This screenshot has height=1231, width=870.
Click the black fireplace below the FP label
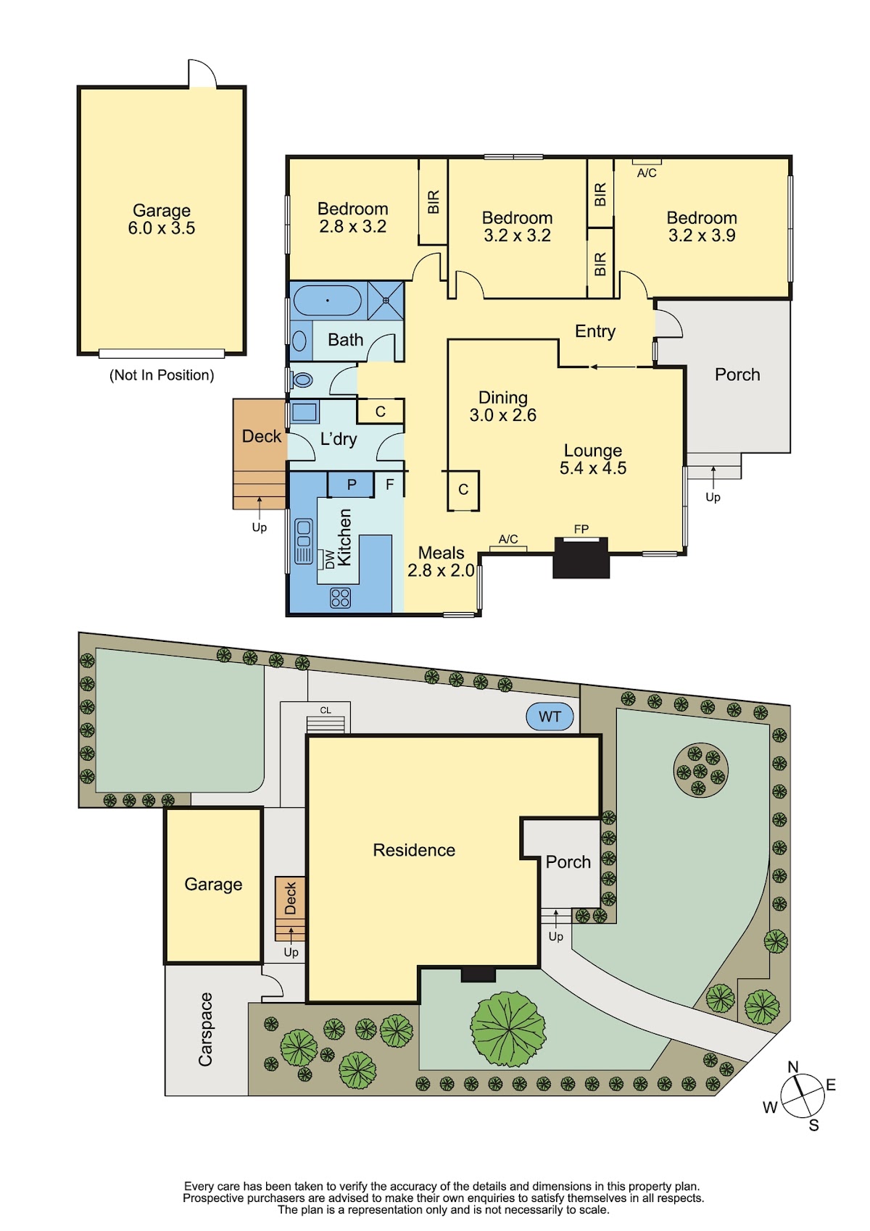pos(580,557)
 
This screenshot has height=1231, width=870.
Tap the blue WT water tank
pos(550,717)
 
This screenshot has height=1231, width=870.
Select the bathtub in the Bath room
pos(327,301)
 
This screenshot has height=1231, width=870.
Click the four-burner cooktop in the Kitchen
pos(340,598)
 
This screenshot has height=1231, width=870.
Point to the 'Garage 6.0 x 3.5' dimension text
pos(161,219)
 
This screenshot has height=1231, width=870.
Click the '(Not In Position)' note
pos(162,375)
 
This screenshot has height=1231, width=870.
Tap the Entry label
pos(595,331)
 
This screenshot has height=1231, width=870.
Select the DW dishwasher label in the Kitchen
pos(330,559)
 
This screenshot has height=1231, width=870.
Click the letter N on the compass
pos(792,1067)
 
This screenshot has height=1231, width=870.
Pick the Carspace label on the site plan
pos(205,1030)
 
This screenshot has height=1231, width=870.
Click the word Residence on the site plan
pos(413,850)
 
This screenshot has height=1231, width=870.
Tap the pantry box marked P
pos(351,484)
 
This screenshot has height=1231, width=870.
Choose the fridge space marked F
pos(389,484)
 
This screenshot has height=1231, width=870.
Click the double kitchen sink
pos(304,541)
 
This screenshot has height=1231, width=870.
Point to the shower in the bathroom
pos(386,300)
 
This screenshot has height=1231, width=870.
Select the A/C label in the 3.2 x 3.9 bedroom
pos(647,173)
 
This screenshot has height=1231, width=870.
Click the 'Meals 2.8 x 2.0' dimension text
pos(441,562)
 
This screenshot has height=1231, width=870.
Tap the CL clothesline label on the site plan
pos(326,710)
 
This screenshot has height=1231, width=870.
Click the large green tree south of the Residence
pos(507,1027)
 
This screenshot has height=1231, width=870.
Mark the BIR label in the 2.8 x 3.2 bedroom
pos(434,201)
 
